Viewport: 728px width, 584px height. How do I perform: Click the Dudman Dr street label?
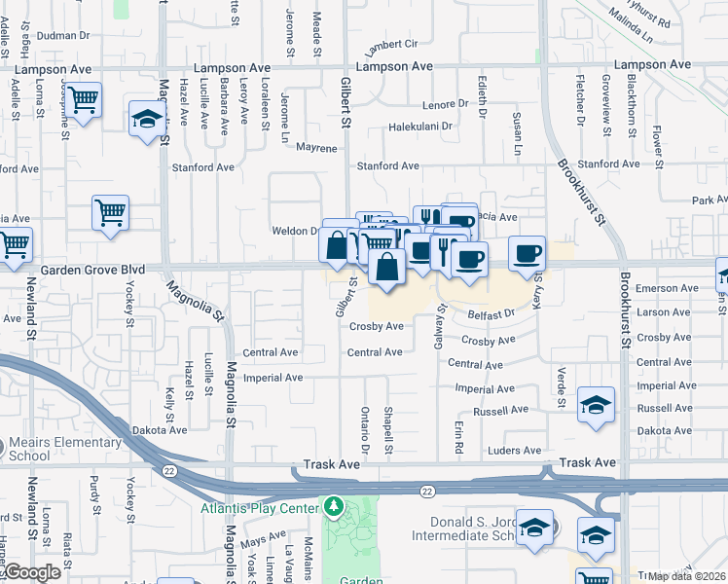click(63, 35)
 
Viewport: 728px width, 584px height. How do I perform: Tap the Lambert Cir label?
click(390, 45)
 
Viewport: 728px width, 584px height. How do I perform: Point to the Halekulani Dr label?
click(421, 127)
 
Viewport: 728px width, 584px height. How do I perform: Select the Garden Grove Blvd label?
click(92, 269)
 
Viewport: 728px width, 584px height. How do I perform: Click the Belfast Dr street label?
click(490, 314)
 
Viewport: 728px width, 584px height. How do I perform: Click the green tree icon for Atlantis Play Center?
click(334, 506)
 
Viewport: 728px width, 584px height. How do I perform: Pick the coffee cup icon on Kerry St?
click(527, 252)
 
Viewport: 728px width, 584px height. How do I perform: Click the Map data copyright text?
click(686, 576)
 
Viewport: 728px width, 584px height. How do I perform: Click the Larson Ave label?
click(666, 312)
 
